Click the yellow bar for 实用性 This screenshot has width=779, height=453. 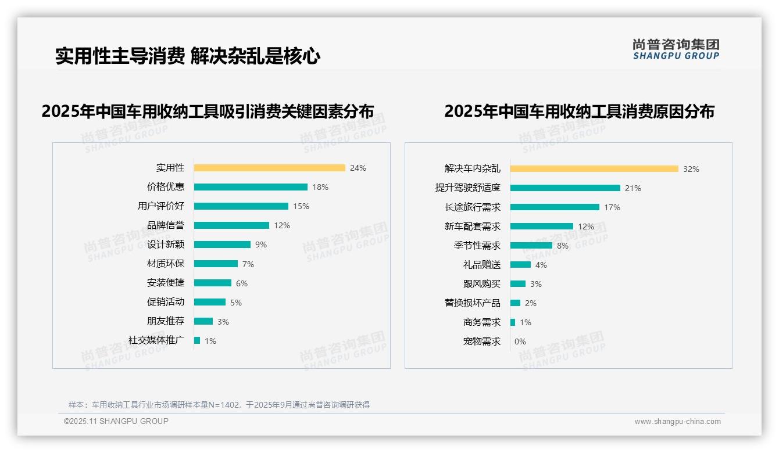click(x=269, y=168)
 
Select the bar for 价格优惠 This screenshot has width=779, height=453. click(x=251, y=187)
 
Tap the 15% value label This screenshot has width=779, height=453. click(x=301, y=206)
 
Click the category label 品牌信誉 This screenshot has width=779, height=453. click(x=166, y=225)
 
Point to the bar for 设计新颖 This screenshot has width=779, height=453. click(x=222, y=245)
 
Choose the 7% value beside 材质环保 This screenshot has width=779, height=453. click(x=248, y=264)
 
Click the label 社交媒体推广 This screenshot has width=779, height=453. click(x=156, y=340)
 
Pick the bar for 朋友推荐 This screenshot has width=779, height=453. click(x=203, y=321)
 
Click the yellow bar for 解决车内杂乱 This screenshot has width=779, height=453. click(x=594, y=169)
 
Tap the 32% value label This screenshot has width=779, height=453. click(x=691, y=169)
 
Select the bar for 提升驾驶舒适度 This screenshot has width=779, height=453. click(x=565, y=188)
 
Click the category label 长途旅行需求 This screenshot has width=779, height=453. click(x=472, y=207)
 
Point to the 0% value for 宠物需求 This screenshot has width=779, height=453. click(x=520, y=341)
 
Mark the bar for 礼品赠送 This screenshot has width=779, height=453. click(x=520, y=265)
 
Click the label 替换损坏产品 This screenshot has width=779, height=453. click(x=472, y=303)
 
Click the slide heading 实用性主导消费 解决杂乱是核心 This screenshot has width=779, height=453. click(x=188, y=56)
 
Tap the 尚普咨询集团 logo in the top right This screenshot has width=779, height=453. click(x=676, y=49)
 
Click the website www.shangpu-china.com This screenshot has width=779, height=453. click(x=677, y=422)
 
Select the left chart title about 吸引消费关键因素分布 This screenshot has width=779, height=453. click(x=208, y=112)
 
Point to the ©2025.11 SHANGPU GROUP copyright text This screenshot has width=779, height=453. click(x=116, y=421)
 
